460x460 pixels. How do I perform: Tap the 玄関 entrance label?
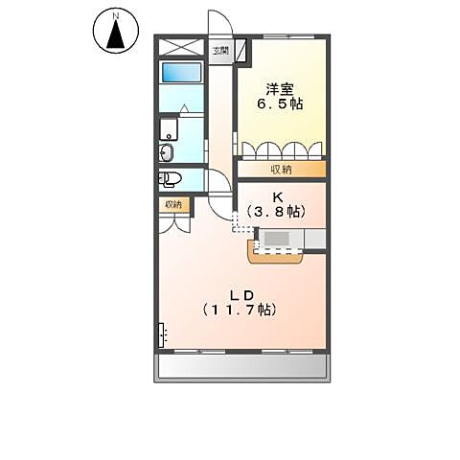point(221,50)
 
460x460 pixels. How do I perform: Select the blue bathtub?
point(180,74)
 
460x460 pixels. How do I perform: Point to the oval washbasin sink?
point(166,152)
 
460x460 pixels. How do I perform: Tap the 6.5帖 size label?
point(282,103)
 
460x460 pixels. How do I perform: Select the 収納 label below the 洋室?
point(281,169)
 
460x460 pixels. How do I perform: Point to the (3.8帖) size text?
point(275,211)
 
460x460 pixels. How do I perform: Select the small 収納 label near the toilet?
point(173,203)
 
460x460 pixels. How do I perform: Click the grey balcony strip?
point(242,366)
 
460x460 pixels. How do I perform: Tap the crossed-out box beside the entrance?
point(180,48)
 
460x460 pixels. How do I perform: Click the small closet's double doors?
point(173,223)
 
